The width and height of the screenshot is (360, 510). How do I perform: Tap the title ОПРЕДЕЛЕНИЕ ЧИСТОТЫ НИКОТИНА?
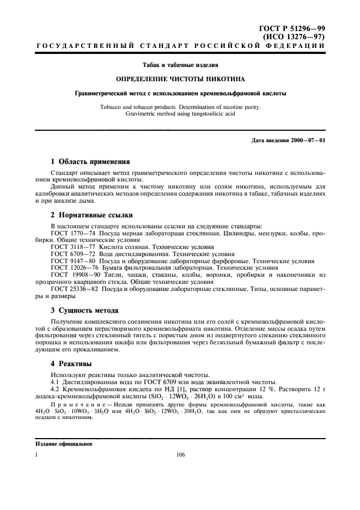[x=179, y=78]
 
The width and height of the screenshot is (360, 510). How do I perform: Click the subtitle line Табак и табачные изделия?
[x=179, y=65]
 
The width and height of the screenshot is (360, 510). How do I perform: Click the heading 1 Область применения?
[x=90, y=162]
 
